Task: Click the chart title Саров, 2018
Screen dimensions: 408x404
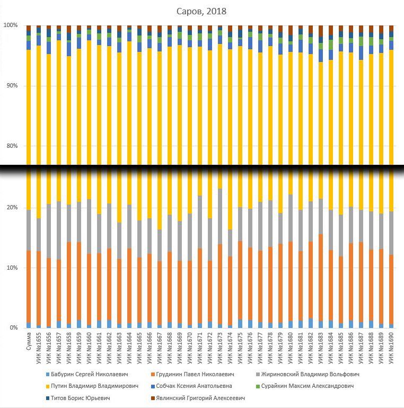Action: click(x=201, y=11)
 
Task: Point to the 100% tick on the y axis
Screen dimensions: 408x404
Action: click(x=11, y=25)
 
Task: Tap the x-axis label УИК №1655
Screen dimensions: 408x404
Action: click(x=38, y=348)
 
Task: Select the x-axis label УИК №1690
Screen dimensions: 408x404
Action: click(x=391, y=348)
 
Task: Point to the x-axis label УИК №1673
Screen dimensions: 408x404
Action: click(x=220, y=348)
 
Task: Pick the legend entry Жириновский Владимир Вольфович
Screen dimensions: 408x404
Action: click(x=310, y=374)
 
